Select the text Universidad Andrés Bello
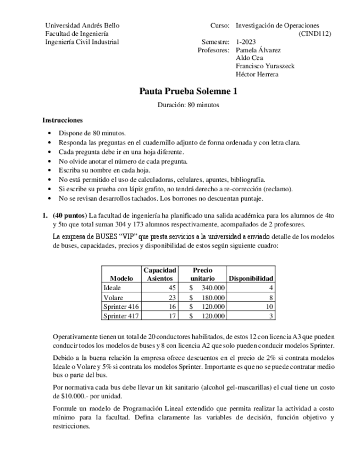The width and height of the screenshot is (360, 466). tap(82, 25)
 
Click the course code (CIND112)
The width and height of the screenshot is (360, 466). tap(315, 34)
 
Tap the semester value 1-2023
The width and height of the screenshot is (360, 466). tap(247, 42)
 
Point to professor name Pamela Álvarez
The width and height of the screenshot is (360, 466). tap(258, 50)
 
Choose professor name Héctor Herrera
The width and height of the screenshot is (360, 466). tap(257, 74)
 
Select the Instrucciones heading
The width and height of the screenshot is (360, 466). tap(63, 120)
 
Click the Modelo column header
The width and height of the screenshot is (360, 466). tap(121, 278)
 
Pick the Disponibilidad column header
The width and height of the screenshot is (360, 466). tap(251, 278)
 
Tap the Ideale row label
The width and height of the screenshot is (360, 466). tap(112, 287)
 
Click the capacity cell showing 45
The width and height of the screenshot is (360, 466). tap(171, 287)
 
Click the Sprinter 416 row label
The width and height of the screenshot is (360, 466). tap(121, 306)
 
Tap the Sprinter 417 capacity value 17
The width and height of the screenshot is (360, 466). tap(171, 315)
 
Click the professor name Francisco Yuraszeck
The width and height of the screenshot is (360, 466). tap(265, 66)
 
